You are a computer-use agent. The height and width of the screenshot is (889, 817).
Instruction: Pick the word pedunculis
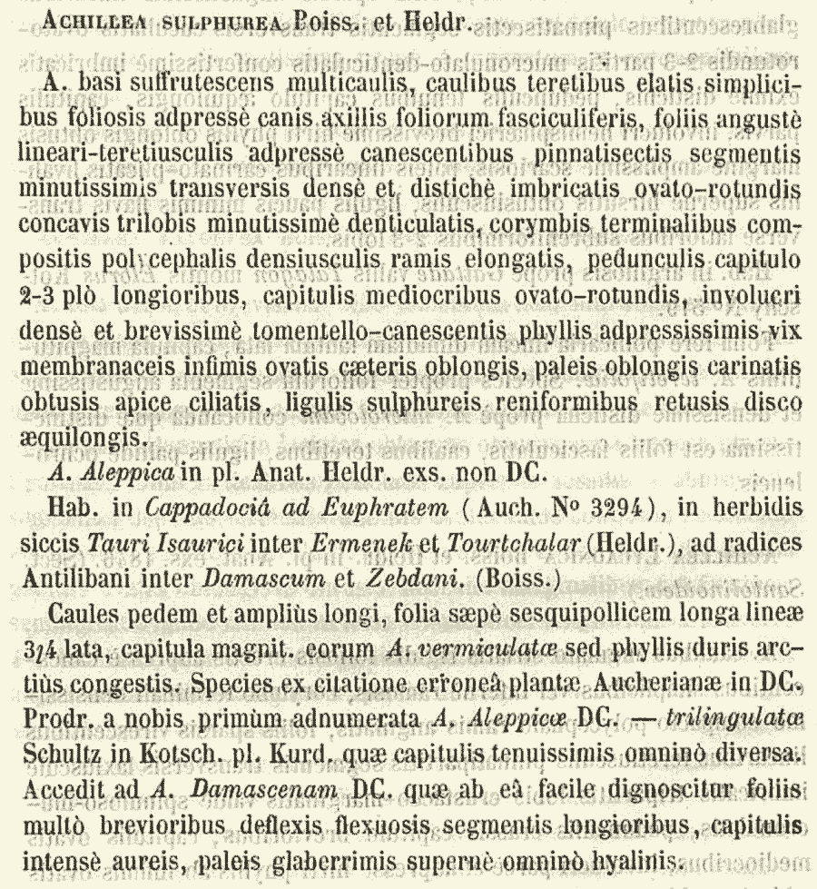[x=664, y=274]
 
